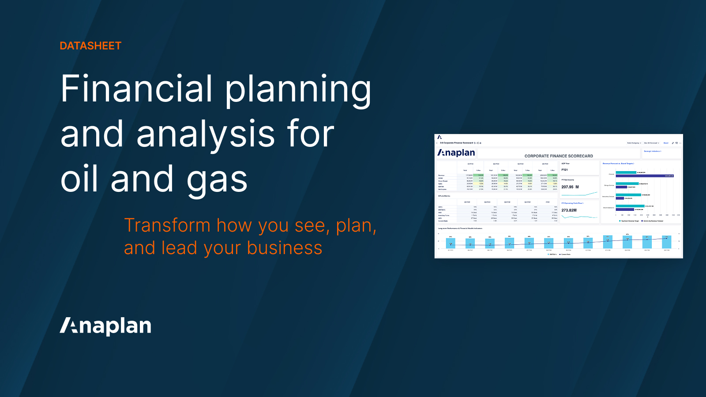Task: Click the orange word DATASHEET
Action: click(x=90, y=46)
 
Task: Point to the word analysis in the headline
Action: click(x=206, y=135)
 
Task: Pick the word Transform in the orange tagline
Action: click(x=167, y=225)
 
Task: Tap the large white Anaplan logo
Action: click(x=105, y=326)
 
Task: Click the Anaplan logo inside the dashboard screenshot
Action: click(x=456, y=153)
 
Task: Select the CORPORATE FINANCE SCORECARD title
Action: click(x=559, y=156)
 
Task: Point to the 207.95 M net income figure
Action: click(x=570, y=187)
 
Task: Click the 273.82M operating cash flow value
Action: click(x=569, y=210)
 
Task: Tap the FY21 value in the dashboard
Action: click(x=564, y=170)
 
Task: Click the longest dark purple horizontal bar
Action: click(x=645, y=176)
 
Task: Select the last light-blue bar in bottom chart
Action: click(x=666, y=242)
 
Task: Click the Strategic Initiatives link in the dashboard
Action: click(x=652, y=151)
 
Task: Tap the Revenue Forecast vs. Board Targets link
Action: click(x=618, y=164)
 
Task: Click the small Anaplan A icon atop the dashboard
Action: click(x=439, y=137)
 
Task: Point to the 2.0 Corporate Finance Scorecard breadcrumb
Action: click(x=456, y=143)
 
